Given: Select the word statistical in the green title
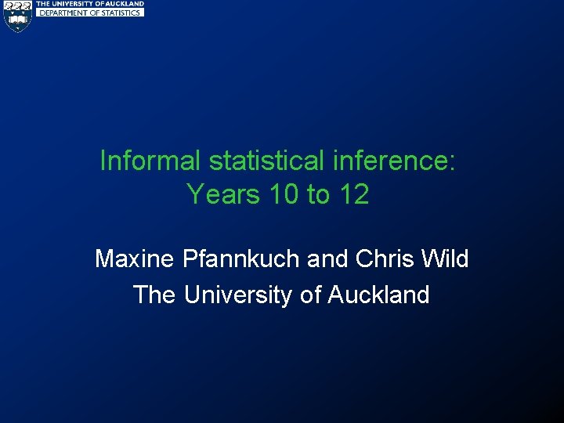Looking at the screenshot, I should pyautogui.click(x=266, y=161).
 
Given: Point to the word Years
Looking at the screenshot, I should pyautogui.click(x=222, y=193).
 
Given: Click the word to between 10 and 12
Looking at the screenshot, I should pyautogui.click(x=317, y=193).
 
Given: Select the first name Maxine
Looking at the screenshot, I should pyautogui.click(x=135, y=258).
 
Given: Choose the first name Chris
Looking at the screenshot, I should pyautogui.click(x=384, y=258).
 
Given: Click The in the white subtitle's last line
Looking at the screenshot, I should pyautogui.click(x=155, y=295).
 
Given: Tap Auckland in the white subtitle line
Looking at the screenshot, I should pyautogui.click(x=378, y=295).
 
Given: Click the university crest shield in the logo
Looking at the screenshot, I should pyautogui.click(x=16, y=16).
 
